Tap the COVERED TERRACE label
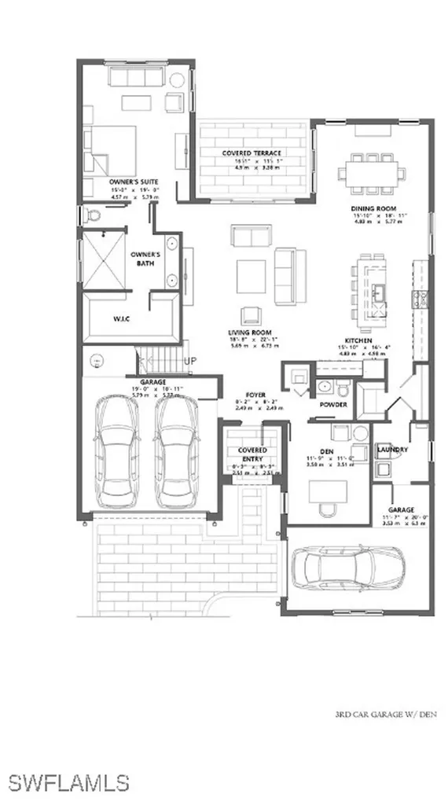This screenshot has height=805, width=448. [252, 153]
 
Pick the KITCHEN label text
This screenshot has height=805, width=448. [374, 318]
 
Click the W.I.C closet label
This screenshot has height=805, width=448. [110, 318]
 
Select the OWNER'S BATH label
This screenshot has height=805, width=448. [145, 259]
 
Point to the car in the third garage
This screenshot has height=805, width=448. [349, 570]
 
